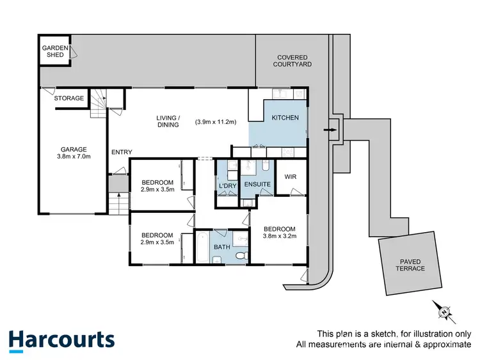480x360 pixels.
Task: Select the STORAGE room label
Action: (69, 98)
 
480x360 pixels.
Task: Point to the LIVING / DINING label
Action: (169, 121)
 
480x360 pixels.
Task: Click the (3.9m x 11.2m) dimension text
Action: (216, 121)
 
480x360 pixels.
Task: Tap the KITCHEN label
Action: (285, 118)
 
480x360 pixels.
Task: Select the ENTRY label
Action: (122, 152)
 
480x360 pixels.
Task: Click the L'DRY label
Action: (228, 185)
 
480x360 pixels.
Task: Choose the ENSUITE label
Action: (257, 185)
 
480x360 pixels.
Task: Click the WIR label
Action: (291, 176)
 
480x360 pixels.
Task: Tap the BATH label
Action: (222, 246)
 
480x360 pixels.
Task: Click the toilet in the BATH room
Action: (241, 256)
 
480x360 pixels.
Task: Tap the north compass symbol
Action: (443, 311)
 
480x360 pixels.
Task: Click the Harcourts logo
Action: (62, 340)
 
